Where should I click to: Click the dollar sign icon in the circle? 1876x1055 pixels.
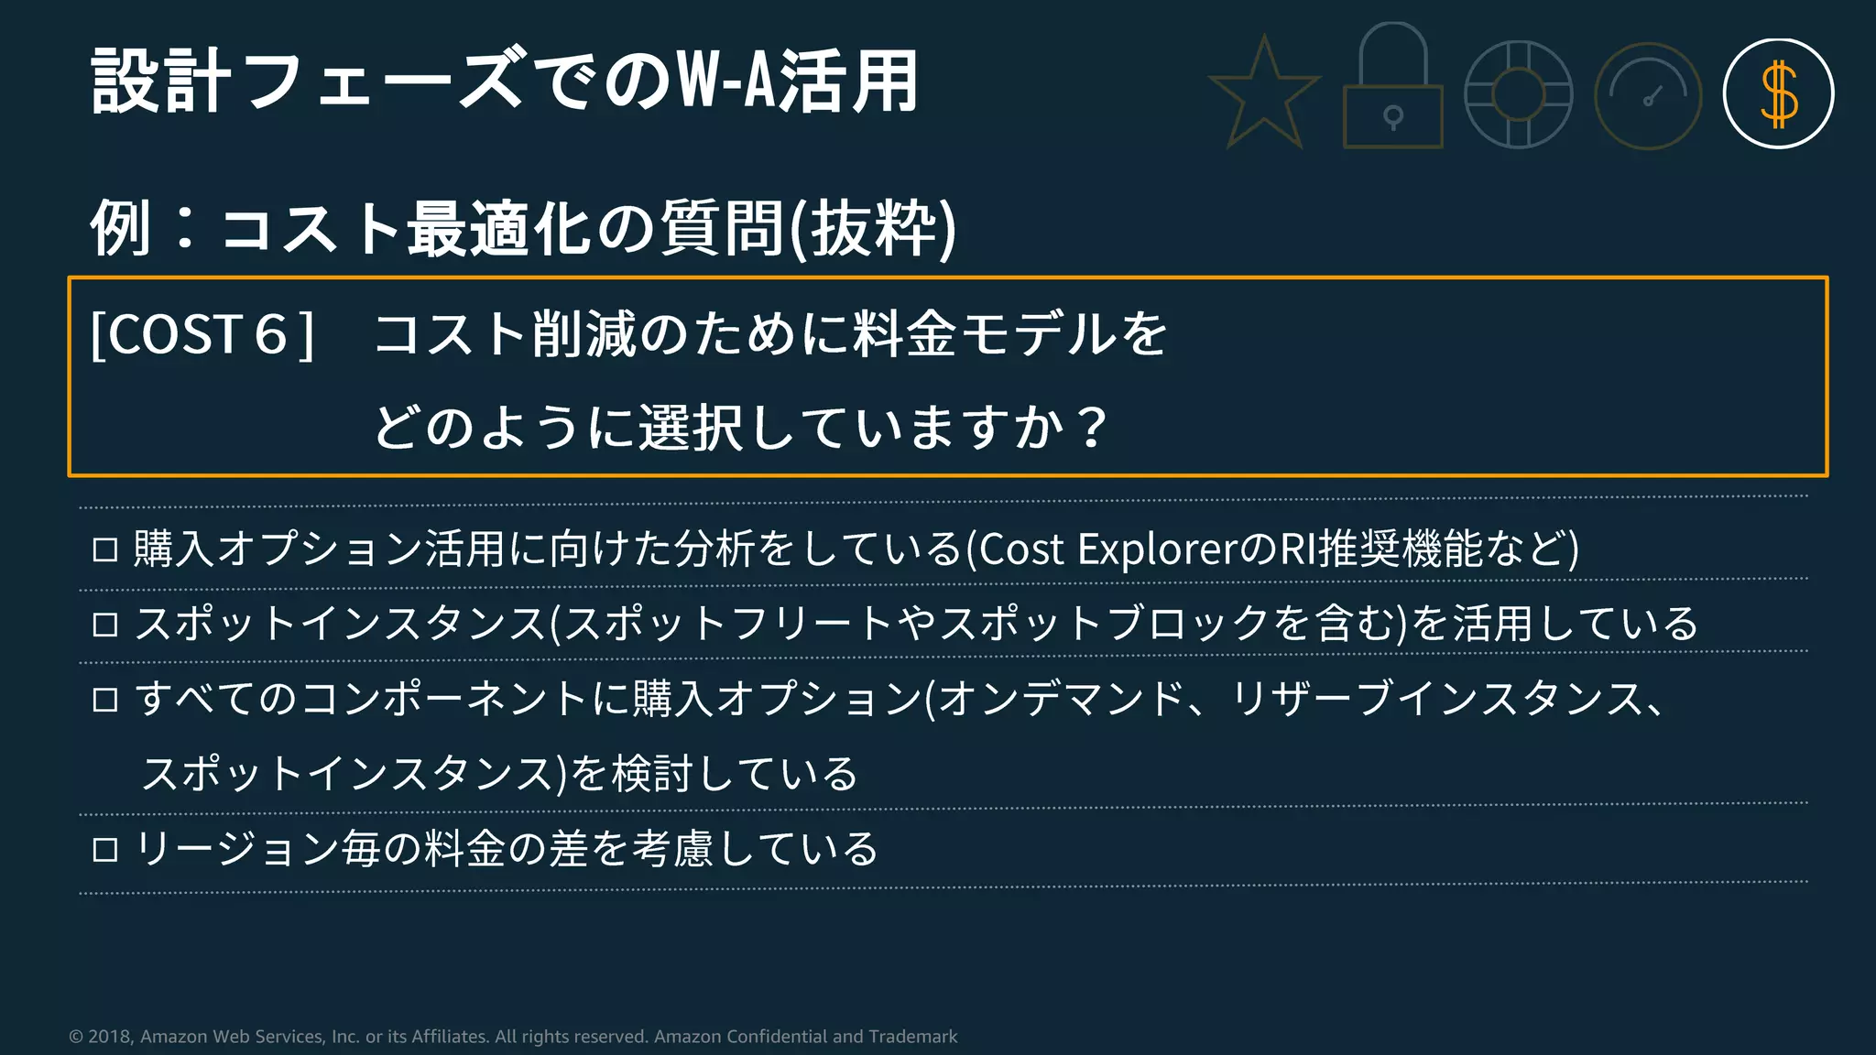[x=1778, y=93]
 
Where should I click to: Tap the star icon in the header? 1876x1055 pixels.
[x=1264, y=93]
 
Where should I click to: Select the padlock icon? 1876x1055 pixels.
[x=1392, y=87]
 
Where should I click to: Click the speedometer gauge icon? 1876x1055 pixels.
[x=1648, y=95]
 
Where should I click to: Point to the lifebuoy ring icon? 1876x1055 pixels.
[x=1519, y=94]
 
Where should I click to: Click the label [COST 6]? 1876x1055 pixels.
[x=202, y=334]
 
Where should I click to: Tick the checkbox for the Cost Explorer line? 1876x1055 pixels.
[x=105, y=550]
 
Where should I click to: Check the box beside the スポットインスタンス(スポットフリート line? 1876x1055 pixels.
[x=105, y=625]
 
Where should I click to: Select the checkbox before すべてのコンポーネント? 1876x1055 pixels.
[x=105, y=701]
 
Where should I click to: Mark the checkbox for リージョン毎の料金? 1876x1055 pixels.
[x=105, y=850]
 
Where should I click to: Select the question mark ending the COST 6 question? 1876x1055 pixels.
[x=1092, y=428]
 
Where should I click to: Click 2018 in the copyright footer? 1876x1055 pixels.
[x=110, y=1037]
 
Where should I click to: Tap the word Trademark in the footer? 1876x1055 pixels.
[x=912, y=1037]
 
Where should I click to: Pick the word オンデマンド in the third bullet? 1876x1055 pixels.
[x=1063, y=700]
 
